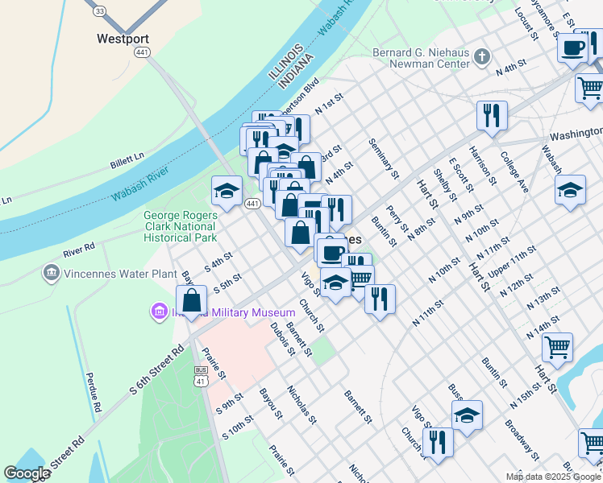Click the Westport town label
click(x=123, y=38)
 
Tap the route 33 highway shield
click(x=99, y=10)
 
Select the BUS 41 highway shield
click(x=201, y=375)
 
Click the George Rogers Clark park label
click(x=181, y=226)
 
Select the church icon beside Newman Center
click(x=482, y=56)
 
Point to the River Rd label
click(x=79, y=246)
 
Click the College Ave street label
click(x=514, y=172)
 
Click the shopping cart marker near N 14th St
click(x=557, y=348)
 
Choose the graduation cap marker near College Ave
click(x=571, y=191)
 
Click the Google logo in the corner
click(x=27, y=473)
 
